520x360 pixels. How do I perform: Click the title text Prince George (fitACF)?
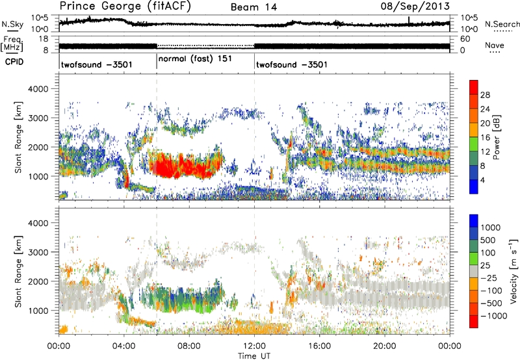coord(111,6)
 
